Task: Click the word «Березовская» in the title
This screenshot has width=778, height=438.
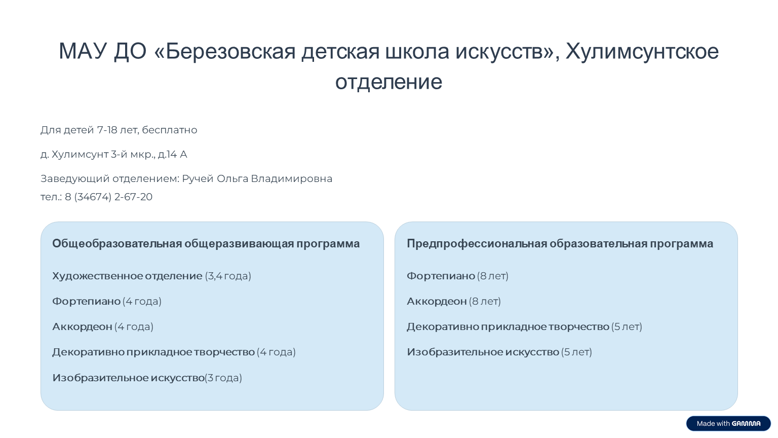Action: coord(230,51)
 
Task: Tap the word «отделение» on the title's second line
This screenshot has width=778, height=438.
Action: coord(388,83)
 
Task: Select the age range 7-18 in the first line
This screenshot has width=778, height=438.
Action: coord(107,130)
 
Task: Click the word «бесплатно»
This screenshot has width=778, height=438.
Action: coord(170,130)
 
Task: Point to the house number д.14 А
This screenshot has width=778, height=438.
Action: coord(173,154)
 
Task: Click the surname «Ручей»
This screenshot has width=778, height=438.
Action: coord(198,178)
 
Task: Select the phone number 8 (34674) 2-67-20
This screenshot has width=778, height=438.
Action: coord(109,197)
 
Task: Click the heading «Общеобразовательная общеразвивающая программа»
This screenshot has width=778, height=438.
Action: coord(206,244)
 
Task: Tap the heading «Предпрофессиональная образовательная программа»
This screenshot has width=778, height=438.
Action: coord(560,244)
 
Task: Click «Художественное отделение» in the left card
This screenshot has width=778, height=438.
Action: coord(127,276)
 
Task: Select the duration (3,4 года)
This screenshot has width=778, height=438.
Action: coord(228,276)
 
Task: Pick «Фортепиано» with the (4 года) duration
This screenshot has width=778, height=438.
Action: coord(86,301)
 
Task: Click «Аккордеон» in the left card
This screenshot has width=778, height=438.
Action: coord(83,327)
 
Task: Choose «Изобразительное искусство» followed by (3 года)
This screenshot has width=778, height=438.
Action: coord(129,378)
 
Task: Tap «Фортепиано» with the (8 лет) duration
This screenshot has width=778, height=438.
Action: coord(441,276)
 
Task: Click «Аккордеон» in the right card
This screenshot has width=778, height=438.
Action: coord(437,302)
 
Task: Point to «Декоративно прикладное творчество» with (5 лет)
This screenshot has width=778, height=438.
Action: coord(508,327)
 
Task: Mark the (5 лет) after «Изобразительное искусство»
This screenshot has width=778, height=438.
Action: coord(576,352)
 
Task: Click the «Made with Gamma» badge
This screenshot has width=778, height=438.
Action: coord(728,423)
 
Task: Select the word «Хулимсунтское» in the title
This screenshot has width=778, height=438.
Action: coord(642,51)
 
